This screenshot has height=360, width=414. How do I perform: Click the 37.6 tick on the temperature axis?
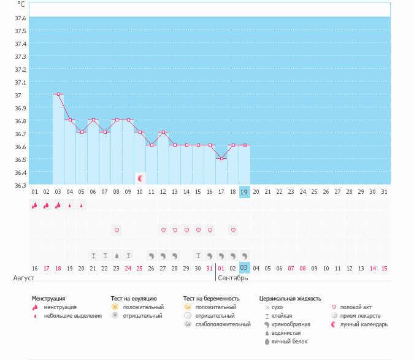pos(20,18)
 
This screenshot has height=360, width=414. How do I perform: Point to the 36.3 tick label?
pos(20,185)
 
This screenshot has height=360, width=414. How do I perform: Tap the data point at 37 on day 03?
pos(58,94)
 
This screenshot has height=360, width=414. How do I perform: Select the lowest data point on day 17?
pos(221,158)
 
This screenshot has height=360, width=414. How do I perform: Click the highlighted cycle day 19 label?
pos(244,192)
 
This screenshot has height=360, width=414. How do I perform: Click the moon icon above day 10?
pos(140,178)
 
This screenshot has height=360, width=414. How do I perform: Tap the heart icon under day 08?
pos(117,230)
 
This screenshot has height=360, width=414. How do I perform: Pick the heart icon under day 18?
pos(233,230)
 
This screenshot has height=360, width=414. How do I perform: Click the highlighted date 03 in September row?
pos(244,268)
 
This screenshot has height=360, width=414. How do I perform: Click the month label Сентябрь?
pos(233,278)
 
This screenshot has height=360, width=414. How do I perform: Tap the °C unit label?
pos(21,4)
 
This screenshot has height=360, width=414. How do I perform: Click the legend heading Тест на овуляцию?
pos(134,299)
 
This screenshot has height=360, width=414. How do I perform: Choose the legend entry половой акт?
pos(356,307)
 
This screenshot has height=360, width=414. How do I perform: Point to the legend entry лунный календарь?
pos(364,324)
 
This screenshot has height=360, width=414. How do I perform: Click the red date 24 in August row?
pos(128,268)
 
